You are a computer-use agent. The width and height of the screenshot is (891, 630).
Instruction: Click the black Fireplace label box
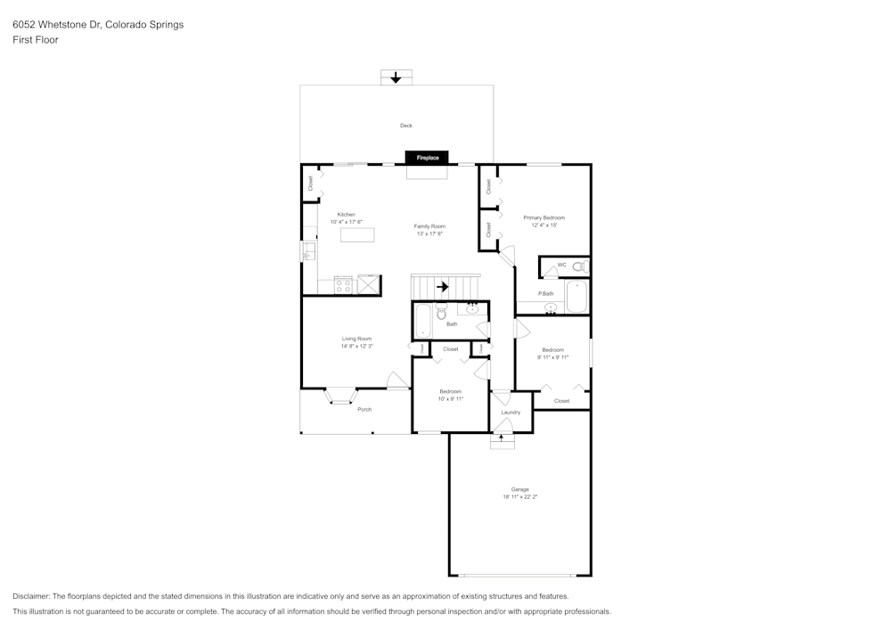point(428,158)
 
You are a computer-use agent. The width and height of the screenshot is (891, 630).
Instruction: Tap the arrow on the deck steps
point(396,78)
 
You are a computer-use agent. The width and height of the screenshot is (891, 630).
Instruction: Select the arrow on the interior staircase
point(443,287)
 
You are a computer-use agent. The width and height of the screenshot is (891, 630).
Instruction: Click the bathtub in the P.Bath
point(576,297)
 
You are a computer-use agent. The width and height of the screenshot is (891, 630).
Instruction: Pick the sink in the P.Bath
point(551,308)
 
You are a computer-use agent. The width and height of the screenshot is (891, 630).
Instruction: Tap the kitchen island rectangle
point(357,235)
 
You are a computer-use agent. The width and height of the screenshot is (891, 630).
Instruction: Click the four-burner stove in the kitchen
point(343,284)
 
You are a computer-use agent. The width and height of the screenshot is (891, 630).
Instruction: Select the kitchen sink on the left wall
point(309,252)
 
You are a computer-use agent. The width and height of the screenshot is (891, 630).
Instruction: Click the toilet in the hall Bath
point(440,313)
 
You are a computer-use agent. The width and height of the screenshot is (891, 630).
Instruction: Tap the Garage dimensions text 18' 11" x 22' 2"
point(520,496)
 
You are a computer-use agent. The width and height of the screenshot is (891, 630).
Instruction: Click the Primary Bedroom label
point(544,217)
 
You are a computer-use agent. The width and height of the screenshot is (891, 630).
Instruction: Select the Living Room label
point(356,339)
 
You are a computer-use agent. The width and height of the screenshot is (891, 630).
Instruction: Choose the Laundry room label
point(511,412)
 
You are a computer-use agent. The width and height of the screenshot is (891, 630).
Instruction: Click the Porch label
point(364,409)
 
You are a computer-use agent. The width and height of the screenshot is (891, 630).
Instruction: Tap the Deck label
point(405,126)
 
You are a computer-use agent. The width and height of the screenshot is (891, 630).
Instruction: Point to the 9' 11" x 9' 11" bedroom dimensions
point(552,357)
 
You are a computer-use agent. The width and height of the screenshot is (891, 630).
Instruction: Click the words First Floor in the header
point(36,40)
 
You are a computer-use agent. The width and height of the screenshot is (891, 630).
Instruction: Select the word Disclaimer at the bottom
point(31,596)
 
